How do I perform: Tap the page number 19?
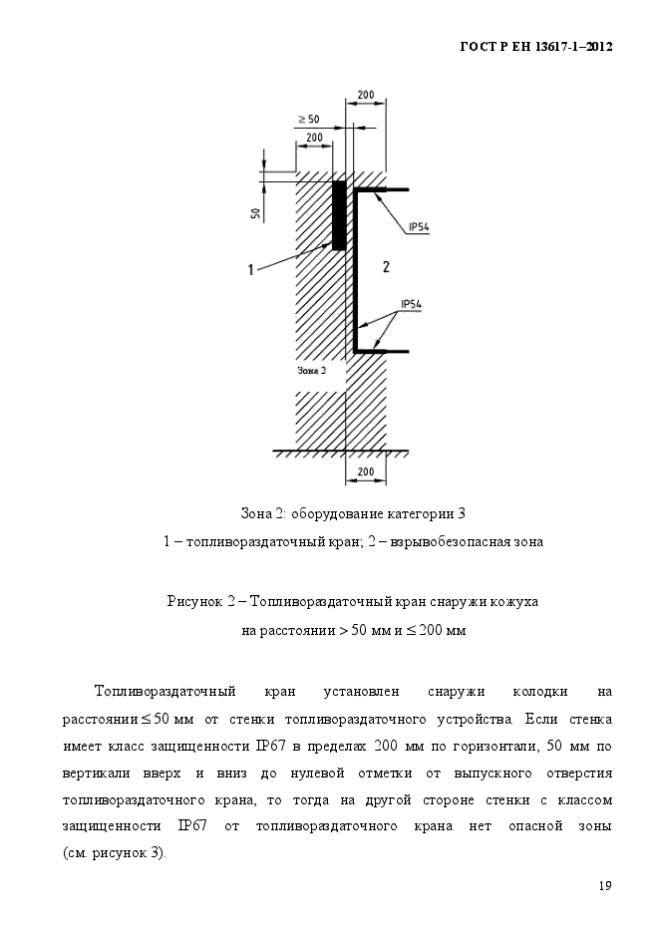(605, 885)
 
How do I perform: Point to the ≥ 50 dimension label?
(309, 120)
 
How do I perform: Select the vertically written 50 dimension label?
(256, 212)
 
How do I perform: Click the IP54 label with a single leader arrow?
(419, 227)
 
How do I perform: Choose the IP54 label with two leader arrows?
(412, 303)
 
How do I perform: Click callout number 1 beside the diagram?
(253, 267)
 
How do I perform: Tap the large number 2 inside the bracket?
(386, 266)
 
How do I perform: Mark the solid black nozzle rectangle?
(339, 214)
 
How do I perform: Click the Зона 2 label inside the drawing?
(311, 370)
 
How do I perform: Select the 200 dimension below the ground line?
(365, 470)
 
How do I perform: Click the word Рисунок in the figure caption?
(194, 602)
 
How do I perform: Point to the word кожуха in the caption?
(513, 602)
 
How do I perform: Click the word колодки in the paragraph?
(540, 691)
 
